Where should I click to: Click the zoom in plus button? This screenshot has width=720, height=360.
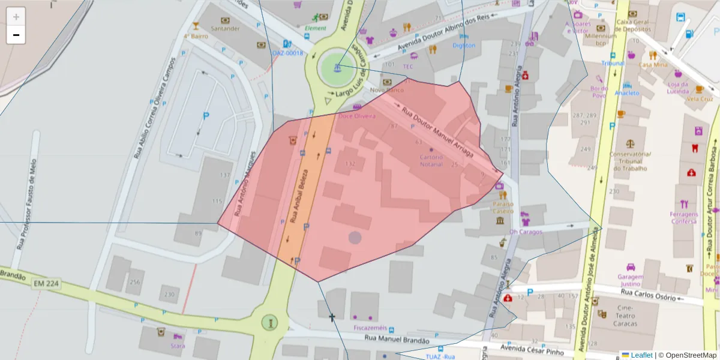point(16,17)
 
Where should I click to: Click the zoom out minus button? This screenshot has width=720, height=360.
point(16,35)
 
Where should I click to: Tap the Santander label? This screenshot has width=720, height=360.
point(226,28)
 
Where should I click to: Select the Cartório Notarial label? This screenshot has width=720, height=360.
point(431,161)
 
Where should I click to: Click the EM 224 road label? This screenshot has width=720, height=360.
point(46,283)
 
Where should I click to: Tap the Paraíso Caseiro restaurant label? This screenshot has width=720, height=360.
point(503,208)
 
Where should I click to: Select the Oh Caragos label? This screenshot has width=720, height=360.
point(525,232)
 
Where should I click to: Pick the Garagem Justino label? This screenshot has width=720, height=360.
point(630,280)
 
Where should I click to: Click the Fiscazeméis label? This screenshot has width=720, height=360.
point(370,328)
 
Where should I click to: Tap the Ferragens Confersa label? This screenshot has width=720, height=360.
point(684,218)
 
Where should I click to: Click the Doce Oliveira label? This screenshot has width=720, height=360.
point(357,116)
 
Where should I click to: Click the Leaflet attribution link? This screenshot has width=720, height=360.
point(641,355)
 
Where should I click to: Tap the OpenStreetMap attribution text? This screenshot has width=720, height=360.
point(687,355)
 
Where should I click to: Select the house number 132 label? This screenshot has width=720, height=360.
point(350,163)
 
